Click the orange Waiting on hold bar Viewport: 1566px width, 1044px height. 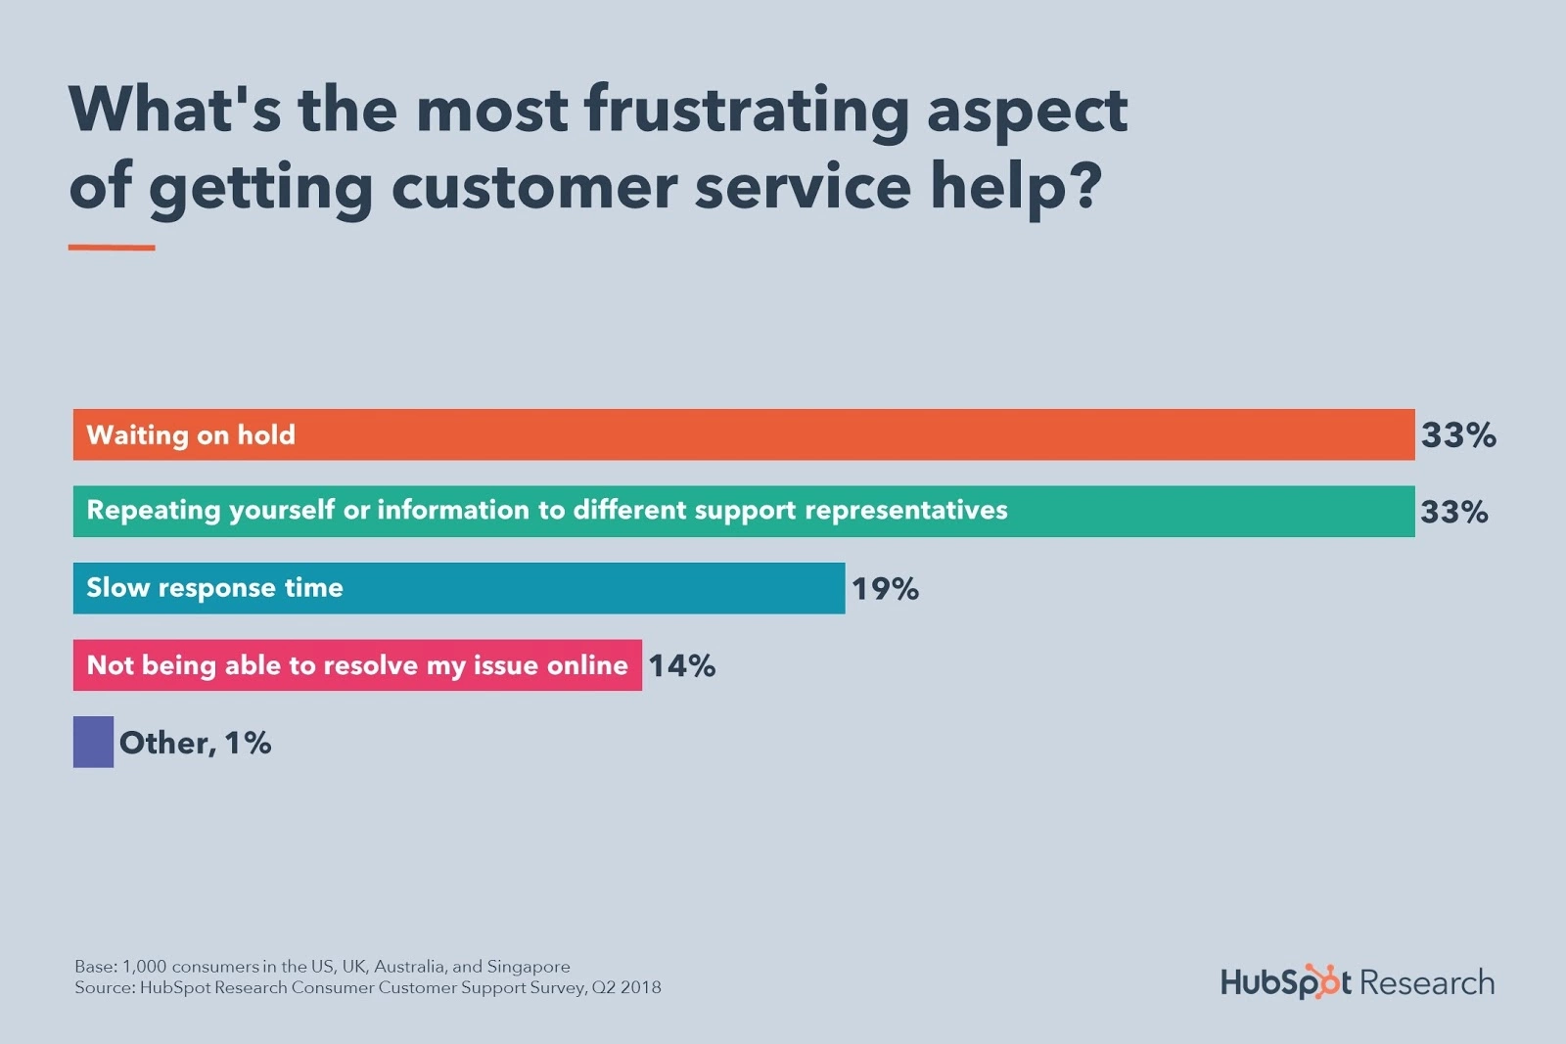[744, 434]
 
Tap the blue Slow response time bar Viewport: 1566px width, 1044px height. [587, 588]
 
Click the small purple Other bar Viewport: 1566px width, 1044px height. [93, 742]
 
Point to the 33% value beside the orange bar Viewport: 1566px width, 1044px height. [1458, 435]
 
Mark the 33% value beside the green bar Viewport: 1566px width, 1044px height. [1454, 512]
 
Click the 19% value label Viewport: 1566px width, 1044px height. [885, 589]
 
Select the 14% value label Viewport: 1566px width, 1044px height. [682, 666]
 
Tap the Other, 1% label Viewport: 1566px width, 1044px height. [196, 743]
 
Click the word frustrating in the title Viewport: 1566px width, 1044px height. [747, 110]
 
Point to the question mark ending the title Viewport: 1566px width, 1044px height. [1085, 186]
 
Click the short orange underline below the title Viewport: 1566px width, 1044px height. [112, 248]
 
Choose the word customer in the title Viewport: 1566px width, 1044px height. [533, 186]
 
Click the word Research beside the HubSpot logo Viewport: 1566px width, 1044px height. [1427, 982]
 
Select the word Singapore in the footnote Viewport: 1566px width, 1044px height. [529, 967]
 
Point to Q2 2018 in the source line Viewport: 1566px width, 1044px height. [626, 987]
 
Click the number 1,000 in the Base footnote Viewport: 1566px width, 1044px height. [144, 967]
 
